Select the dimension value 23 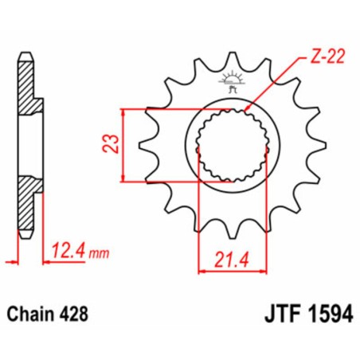click(114, 144)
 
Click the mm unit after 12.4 click(96, 253)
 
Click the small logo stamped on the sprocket click(232, 84)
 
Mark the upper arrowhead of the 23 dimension click(123, 110)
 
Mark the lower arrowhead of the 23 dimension click(123, 180)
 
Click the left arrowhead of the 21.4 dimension click(200, 271)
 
